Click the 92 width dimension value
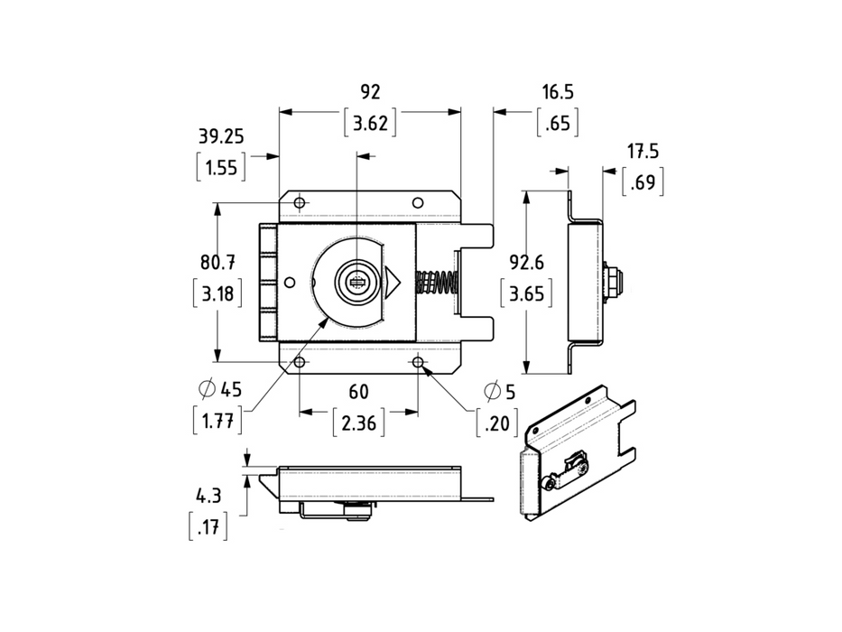(x=370, y=91)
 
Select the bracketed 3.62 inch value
(x=371, y=124)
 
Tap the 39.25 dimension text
(x=221, y=136)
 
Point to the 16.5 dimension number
(x=558, y=91)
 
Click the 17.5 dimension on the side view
(x=643, y=151)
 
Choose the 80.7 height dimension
(x=217, y=263)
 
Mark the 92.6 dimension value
(x=525, y=263)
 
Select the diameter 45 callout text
(x=220, y=390)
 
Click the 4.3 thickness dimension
(x=208, y=496)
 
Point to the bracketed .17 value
(x=208, y=527)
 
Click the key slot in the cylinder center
(x=356, y=283)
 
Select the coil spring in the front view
(x=438, y=283)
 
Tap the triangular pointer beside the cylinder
(x=392, y=283)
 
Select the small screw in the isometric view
(x=550, y=485)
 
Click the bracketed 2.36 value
(x=359, y=422)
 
